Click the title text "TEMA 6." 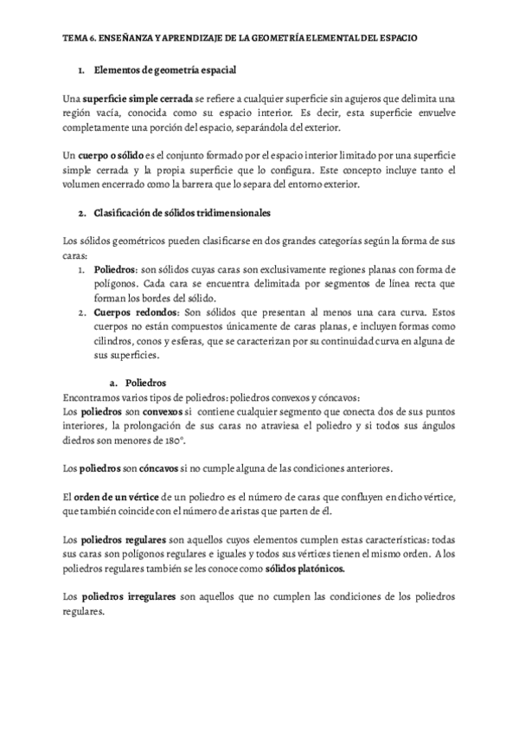(x=80, y=39)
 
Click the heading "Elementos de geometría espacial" (x=164, y=68)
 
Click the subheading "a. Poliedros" (x=137, y=383)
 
